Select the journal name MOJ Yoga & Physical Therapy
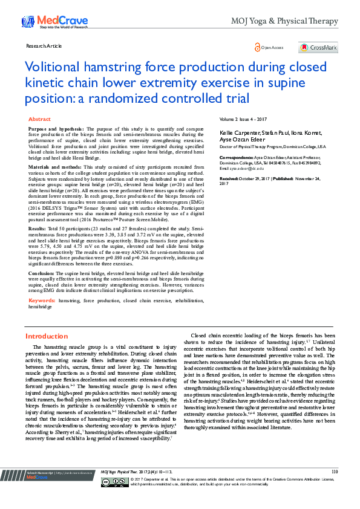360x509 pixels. pos(284,22)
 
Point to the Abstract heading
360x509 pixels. pos(40,120)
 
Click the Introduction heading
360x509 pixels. pos(47,336)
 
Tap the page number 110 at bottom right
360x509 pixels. pos(335,472)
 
